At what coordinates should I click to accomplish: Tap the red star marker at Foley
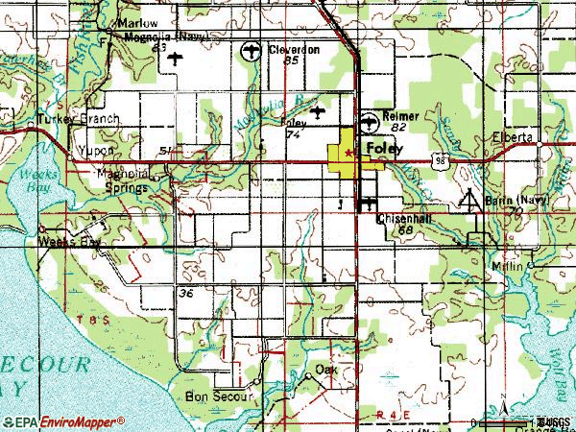coord(348,152)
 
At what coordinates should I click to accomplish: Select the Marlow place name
coord(135,23)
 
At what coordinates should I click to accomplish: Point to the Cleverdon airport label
coord(293,48)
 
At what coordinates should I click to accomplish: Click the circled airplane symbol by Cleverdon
coord(252,52)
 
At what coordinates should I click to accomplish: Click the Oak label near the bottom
coord(327,369)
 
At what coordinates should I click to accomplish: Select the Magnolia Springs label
coord(124,180)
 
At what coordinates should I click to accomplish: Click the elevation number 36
coord(186,293)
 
